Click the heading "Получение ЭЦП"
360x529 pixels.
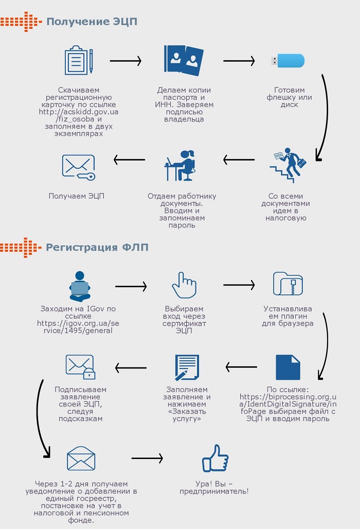[92, 22]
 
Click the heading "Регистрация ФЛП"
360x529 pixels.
[97, 248]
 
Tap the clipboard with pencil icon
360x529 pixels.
[79, 60]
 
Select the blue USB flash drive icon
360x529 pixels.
[288, 61]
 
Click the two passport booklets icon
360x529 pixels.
[184, 60]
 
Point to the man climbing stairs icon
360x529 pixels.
[288, 165]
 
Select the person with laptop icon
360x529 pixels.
[80, 287]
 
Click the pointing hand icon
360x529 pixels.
[184, 285]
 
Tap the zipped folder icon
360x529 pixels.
[287, 284]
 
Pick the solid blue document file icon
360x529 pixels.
[288, 367]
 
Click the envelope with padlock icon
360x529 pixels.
[80, 367]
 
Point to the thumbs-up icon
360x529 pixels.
[215, 458]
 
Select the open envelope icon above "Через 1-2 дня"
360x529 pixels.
[81, 458]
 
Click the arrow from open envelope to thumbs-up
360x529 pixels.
[147, 458]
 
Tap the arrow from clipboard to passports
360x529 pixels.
[125, 61]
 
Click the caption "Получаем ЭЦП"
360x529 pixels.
[77, 196]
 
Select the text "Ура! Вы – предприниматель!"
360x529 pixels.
[214, 487]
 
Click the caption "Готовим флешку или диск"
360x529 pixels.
[289, 97]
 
